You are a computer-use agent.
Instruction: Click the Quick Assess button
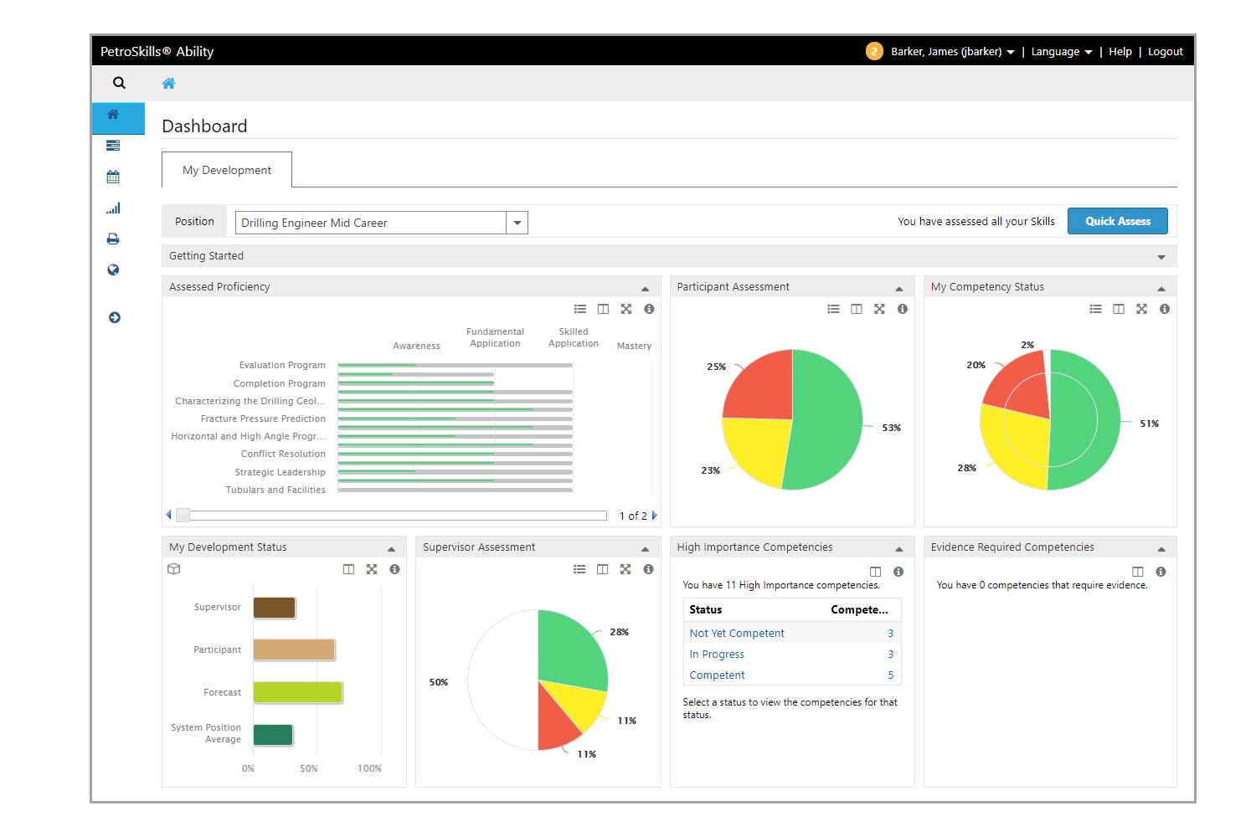click(x=1117, y=221)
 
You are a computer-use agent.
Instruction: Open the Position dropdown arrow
click(x=517, y=223)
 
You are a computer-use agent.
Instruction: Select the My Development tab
click(x=227, y=170)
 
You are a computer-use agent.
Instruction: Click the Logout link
click(x=1165, y=52)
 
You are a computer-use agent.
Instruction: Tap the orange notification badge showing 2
click(x=874, y=52)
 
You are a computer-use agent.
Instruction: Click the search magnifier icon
click(x=119, y=83)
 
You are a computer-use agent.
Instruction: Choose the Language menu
click(x=1061, y=52)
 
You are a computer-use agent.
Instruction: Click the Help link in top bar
click(x=1120, y=52)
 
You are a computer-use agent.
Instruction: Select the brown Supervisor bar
click(x=274, y=608)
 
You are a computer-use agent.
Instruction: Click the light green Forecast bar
click(x=297, y=692)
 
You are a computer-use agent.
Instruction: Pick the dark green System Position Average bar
click(x=273, y=735)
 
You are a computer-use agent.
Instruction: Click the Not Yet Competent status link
click(x=737, y=634)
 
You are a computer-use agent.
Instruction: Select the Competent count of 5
click(x=890, y=675)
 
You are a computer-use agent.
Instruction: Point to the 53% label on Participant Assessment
click(x=891, y=428)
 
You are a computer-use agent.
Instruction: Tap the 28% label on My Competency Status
click(x=966, y=468)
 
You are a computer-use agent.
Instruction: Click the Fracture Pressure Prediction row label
click(x=263, y=418)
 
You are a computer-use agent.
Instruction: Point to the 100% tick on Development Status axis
click(x=369, y=768)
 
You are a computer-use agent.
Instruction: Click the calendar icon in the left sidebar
click(x=113, y=177)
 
